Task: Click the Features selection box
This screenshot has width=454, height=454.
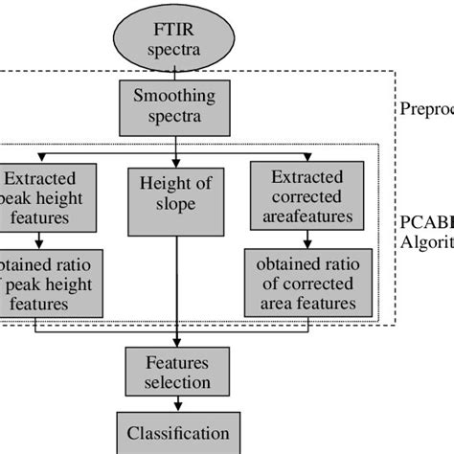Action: tap(176, 374)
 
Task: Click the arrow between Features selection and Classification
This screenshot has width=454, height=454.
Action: tap(176, 404)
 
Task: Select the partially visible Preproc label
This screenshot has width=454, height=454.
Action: tap(426, 108)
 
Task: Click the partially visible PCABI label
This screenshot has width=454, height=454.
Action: tap(426, 222)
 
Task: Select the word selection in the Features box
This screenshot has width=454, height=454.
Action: tap(176, 383)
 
